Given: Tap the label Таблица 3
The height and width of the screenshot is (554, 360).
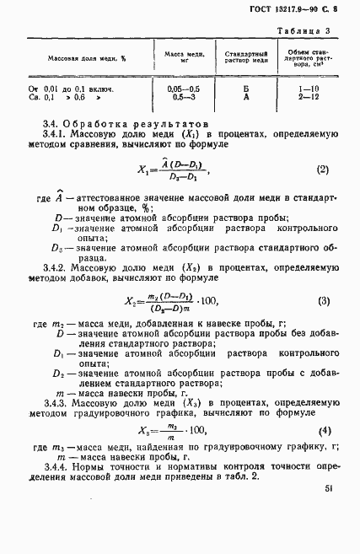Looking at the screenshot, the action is click(313, 31).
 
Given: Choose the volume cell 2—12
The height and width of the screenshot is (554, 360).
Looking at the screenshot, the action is click(310, 98).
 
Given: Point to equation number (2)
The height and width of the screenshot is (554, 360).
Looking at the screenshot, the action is click(321, 169).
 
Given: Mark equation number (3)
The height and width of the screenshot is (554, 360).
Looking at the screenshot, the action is click(323, 301).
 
